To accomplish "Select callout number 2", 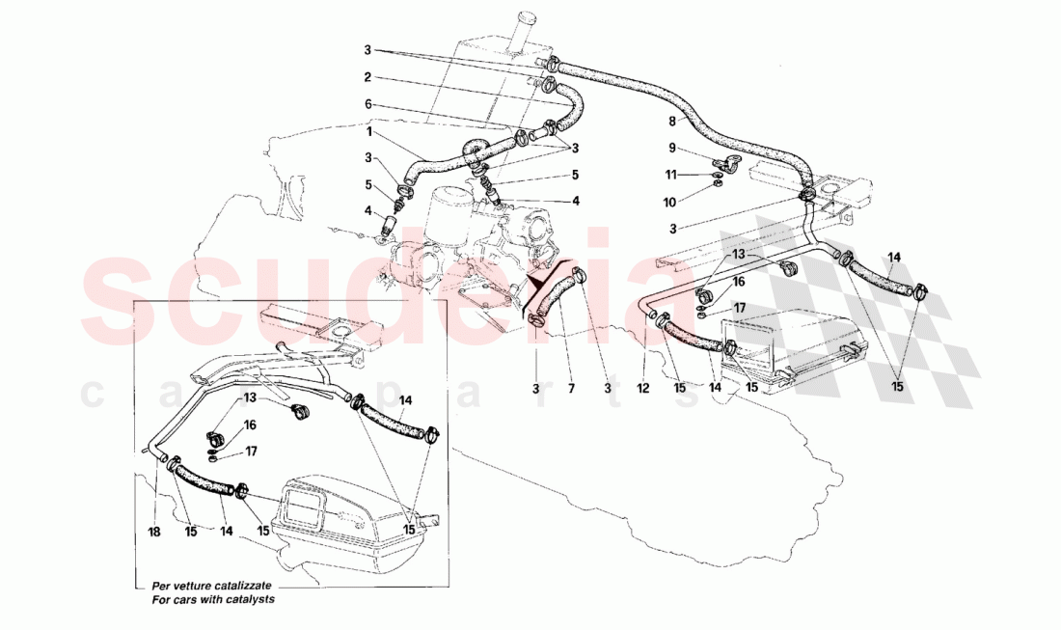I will coord(367,77).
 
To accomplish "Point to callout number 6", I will coord(367,104).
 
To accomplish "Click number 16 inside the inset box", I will coord(249,424).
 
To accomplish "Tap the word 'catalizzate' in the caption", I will coord(239,586).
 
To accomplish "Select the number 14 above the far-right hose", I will coord(894,257).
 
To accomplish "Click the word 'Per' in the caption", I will coord(161,586).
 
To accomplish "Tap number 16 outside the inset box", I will coord(738,282).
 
